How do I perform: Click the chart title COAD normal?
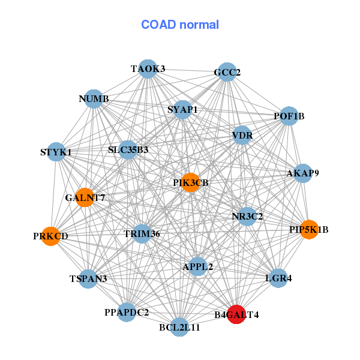pos(179,25)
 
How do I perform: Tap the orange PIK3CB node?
pos(190,183)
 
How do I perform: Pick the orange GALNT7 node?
pos(85,197)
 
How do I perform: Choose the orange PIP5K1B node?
pos(308,229)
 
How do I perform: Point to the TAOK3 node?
pos(148,68)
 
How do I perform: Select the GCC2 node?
pos(227,73)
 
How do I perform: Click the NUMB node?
pos(94,98)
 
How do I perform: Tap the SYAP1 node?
pos(182,110)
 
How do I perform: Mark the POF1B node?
pos(289,116)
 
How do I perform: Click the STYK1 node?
pos(56,152)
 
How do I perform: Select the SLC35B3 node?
pos(128,149)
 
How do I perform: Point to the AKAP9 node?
pos(302,173)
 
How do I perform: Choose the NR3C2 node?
pos(247,216)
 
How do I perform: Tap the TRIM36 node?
pos(142,233)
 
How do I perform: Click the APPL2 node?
pos(198,266)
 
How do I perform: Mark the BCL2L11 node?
pos(179,327)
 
